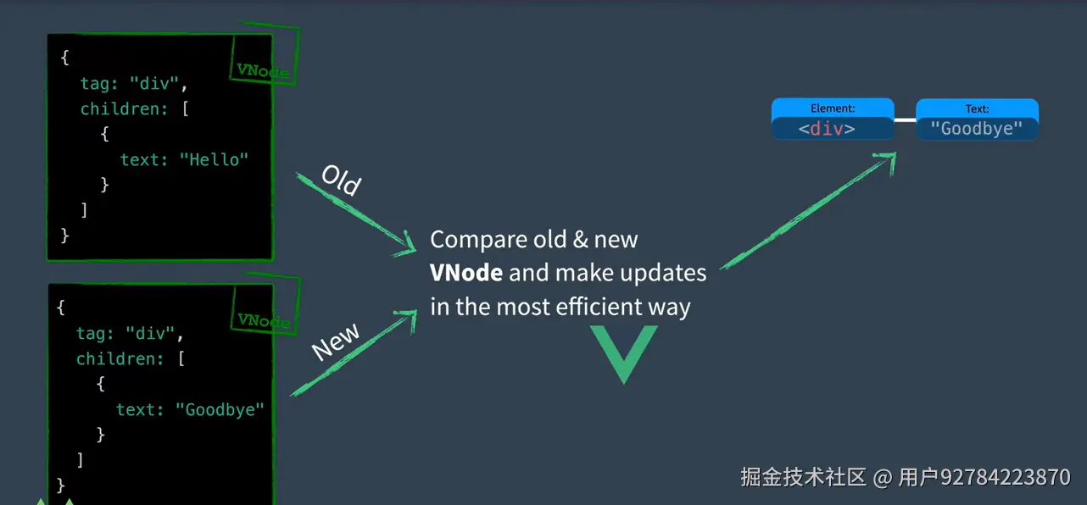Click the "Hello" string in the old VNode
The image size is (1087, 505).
click(x=214, y=159)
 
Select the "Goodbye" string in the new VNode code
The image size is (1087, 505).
click(x=220, y=409)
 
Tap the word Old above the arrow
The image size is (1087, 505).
click(x=341, y=180)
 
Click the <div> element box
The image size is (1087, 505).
click(x=833, y=119)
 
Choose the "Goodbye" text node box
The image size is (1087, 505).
click(x=977, y=119)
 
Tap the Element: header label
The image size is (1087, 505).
click(x=833, y=108)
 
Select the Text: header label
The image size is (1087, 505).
click(x=977, y=108)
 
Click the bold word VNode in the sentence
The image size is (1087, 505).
click(x=465, y=273)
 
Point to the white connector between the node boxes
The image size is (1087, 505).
click(x=905, y=119)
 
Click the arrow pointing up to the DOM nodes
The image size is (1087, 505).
click(x=808, y=210)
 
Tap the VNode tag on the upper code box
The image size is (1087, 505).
click(x=263, y=71)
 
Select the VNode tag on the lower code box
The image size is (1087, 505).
click(x=264, y=320)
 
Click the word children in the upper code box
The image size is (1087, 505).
click(x=124, y=108)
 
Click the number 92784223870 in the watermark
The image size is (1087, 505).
click(x=1006, y=477)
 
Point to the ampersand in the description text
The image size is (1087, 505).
click(x=580, y=240)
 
